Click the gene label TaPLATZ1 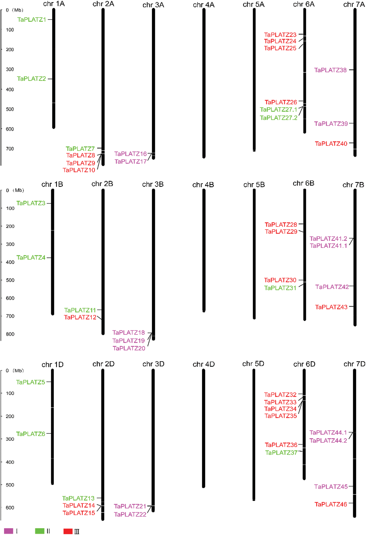(32, 20)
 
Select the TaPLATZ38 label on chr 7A (330, 70)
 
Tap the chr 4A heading (204, 5)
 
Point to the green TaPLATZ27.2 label (279, 118)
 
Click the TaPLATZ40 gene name (331, 143)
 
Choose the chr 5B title (254, 185)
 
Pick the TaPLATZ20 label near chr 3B (129, 348)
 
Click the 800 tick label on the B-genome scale (10, 334)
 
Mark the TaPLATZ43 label (331, 307)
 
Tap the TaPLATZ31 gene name (280, 288)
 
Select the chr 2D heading (103, 364)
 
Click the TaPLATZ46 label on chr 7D (331, 504)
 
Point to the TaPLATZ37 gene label (281, 453)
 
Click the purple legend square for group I (9, 531)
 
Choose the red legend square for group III (68, 531)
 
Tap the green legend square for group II (40, 531)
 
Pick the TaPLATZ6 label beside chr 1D (31, 434)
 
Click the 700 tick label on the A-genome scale (10, 149)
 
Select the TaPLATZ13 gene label (78, 498)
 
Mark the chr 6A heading (304, 4)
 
